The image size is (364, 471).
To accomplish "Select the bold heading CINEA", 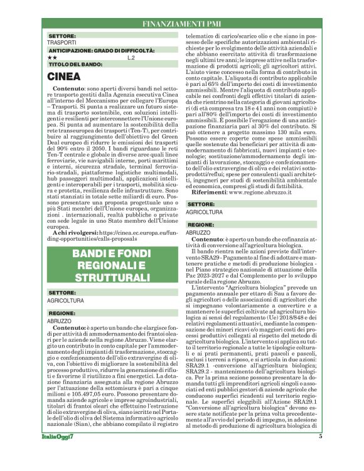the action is tap(65, 77).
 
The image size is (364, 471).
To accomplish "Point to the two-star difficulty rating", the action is tap(52, 57).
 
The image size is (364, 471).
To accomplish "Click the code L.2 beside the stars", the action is tap(131, 57).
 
